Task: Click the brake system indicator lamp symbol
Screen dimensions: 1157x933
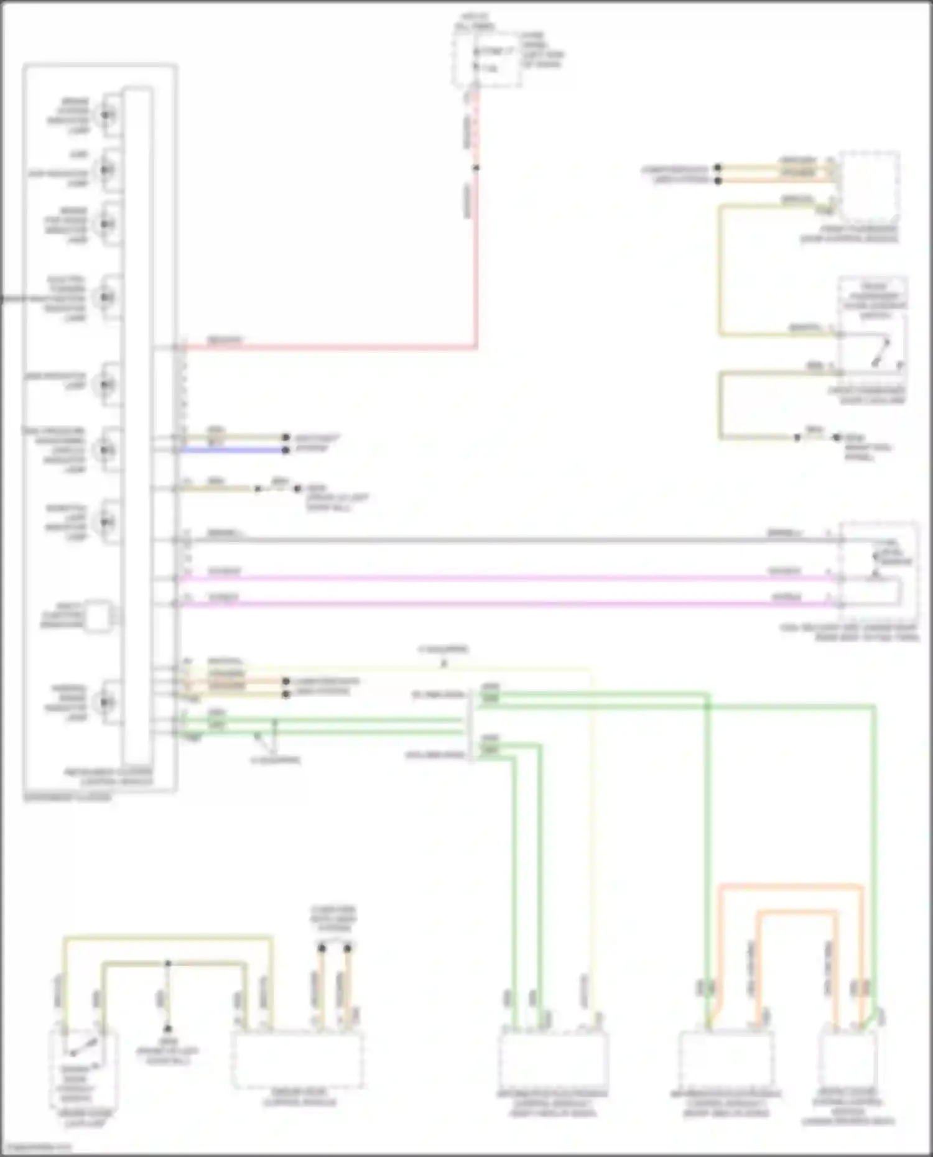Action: [x=106, y=115]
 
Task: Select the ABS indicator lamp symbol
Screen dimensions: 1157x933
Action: [x=106, y=169]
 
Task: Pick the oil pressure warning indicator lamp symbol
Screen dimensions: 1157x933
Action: [x=106, y=449]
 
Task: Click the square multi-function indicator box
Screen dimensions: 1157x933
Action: [x=98, y=616]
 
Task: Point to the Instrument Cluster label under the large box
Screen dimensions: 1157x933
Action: [x=67, y=798]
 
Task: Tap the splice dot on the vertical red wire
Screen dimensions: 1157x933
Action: [x=476, y=168]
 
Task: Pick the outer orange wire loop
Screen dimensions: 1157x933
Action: [x=791, y=885]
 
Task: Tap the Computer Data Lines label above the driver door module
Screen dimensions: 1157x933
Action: [x=334, y=919]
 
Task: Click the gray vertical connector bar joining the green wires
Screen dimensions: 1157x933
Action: [x=470, y=724]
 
